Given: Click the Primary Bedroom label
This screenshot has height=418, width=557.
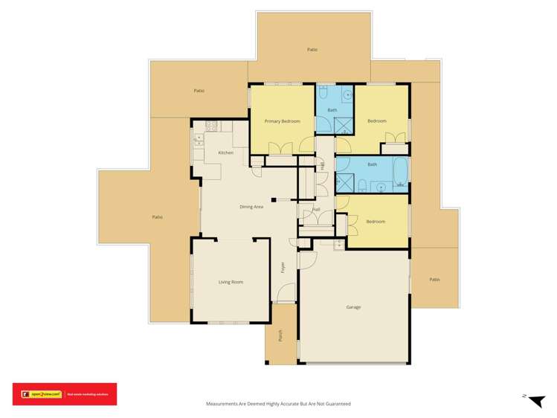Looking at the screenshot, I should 283,120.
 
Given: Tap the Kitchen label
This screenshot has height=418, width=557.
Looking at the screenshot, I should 225,152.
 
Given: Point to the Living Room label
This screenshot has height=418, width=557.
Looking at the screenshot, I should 231,282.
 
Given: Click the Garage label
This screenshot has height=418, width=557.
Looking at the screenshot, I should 354,306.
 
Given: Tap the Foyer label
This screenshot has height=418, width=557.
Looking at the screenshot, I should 283,268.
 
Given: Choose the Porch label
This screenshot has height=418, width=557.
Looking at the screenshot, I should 281,335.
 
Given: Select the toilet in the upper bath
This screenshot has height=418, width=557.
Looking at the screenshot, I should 323,95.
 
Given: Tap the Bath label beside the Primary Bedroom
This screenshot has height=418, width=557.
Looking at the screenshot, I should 332,110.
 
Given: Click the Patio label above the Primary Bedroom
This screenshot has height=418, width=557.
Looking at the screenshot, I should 312,49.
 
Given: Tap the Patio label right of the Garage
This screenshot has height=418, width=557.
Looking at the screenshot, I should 434,280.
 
